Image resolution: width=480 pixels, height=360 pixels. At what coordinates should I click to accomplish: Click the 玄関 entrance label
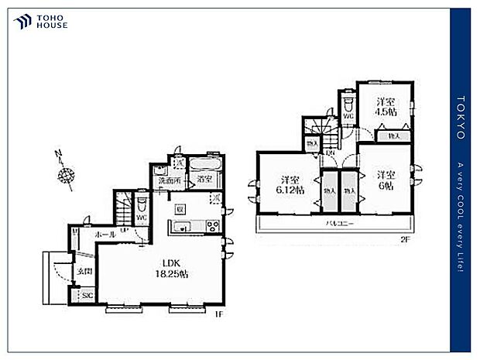tap(84, 271)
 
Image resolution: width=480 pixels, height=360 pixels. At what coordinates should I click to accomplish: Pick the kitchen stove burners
tap(210, 226)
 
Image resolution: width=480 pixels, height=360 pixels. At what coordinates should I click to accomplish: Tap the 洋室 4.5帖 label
tap(386, 106)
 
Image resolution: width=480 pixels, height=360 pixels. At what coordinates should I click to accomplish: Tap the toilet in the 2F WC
tap(347, 102)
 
